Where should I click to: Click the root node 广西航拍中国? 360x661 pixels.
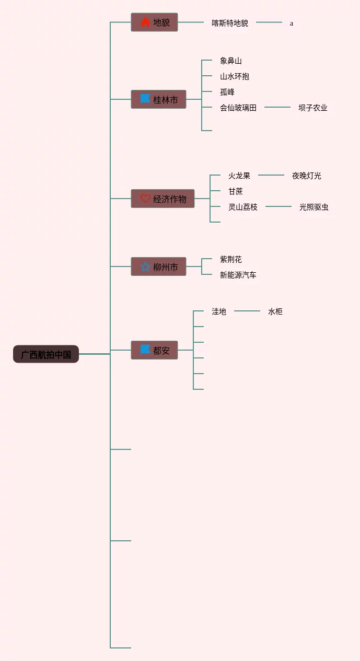point(46,354)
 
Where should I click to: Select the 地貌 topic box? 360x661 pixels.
point(154,22)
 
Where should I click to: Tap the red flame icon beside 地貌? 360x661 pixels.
point(145,22)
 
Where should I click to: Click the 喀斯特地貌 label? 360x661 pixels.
point(230,23)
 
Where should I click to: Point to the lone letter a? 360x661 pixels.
point(292,24)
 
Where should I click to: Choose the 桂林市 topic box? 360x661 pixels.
point(158,99)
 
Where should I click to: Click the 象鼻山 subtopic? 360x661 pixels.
point(231,61)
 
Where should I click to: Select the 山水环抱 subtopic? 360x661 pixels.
point(235,76)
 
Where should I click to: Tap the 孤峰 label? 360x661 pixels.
point(227,92)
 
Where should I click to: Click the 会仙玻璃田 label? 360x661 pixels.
point(238,108)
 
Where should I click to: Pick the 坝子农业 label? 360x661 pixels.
point(313,108)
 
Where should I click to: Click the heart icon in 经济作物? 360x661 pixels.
point(145,199)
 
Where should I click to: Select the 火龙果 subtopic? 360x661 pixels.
point(239,176)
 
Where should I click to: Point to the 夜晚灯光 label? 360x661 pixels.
point(307,176)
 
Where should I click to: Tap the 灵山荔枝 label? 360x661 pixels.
point(243,207)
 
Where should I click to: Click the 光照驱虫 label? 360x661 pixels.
point(314,207)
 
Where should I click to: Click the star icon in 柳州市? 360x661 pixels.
point(145,267)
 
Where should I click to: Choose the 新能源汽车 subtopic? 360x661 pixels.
point(238,275)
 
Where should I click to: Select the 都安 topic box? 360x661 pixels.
point(154,350)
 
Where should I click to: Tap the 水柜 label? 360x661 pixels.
point(275,311)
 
